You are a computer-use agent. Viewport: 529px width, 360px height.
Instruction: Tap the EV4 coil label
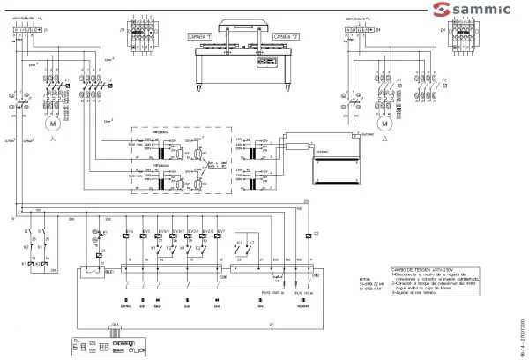click(x=130, y=231)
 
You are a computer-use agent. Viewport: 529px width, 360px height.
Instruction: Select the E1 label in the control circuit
click(x=104, y=231)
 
